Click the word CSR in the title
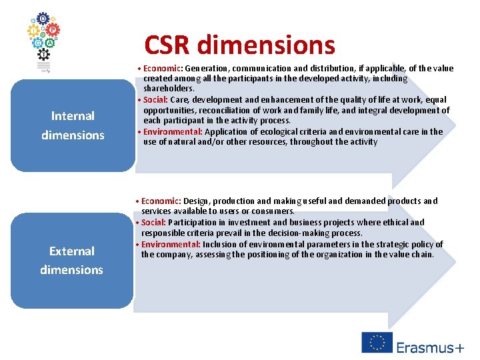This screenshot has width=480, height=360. click(x=167, y=45)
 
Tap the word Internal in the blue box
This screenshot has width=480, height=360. click(x=73, y=116)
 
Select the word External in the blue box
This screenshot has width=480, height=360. click(x=72, y=251)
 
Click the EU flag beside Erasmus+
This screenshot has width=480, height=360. click(x=377, y=342)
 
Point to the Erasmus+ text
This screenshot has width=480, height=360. click(x=430, y=348)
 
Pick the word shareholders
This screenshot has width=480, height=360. click(x=169, y=89)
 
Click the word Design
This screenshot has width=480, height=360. click(x=195, y=201)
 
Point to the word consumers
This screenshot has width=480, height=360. click(x=272, y=211)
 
